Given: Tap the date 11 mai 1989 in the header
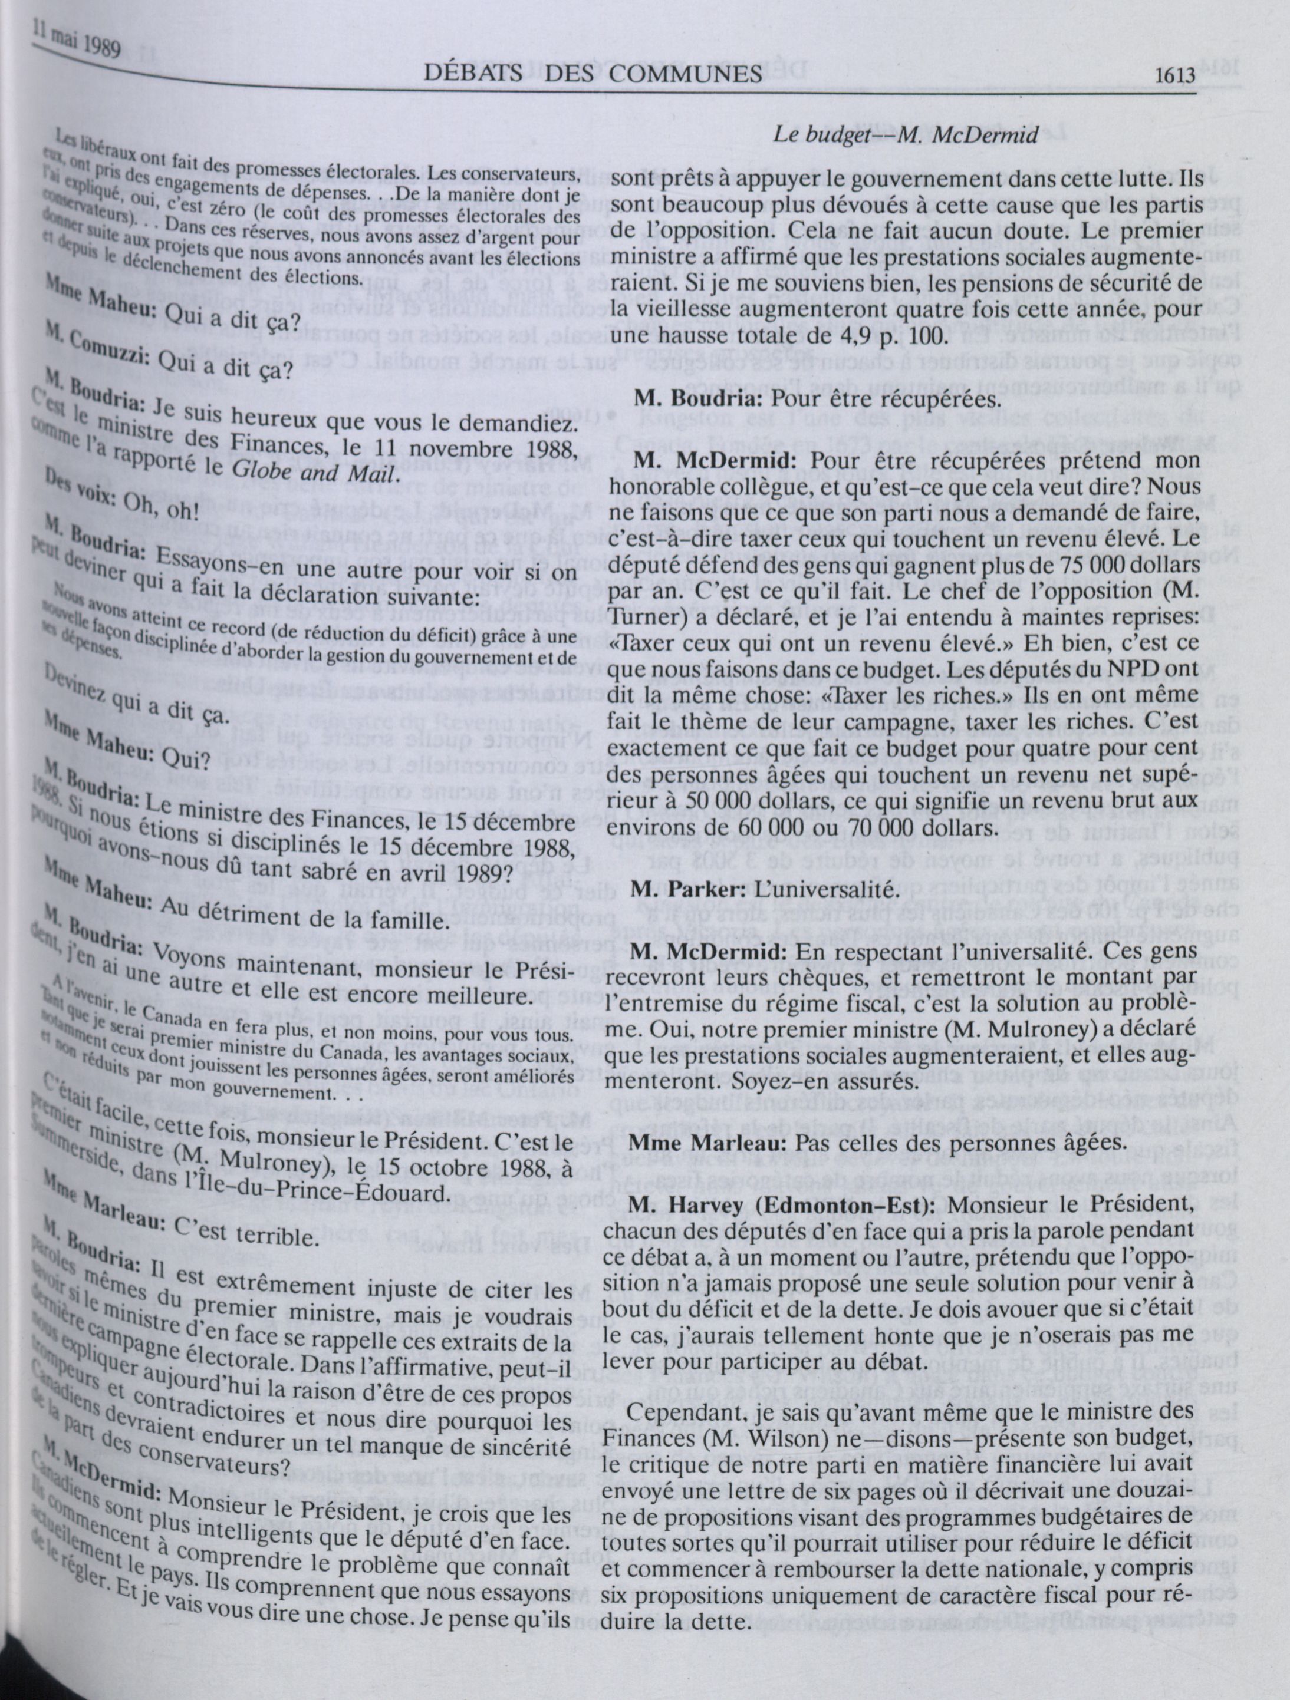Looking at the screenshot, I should [77, 43].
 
